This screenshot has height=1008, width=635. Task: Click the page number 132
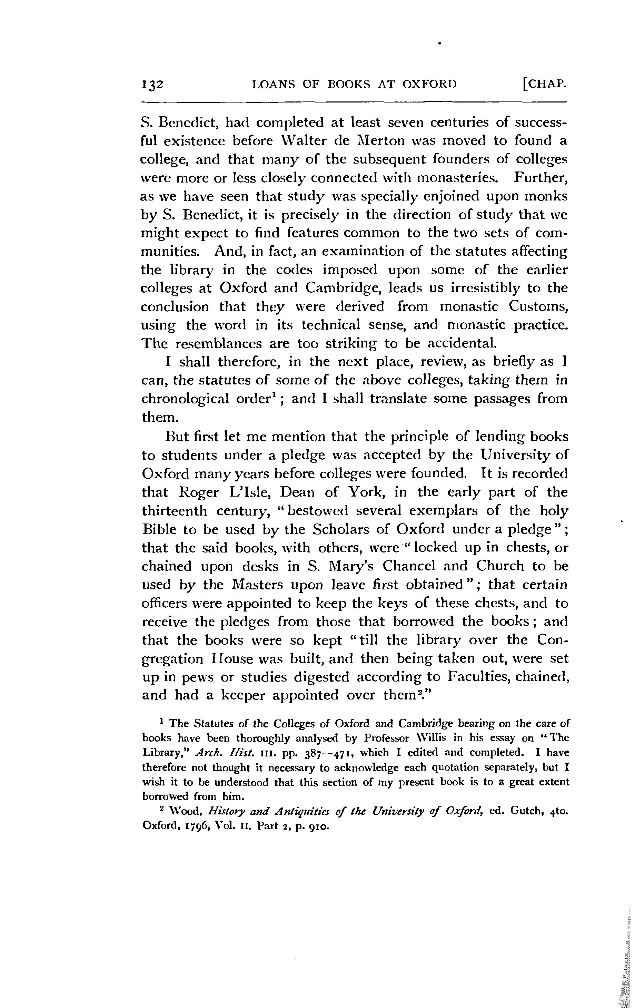pyautogui.click(x=152, y=85)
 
